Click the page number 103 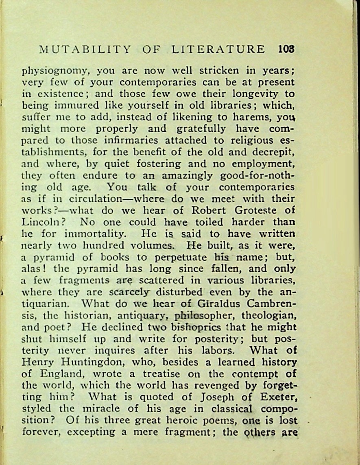pos(286,50)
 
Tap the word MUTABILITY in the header pos(85,50)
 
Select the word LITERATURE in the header pos(218,50)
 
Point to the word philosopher pos(199,316)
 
